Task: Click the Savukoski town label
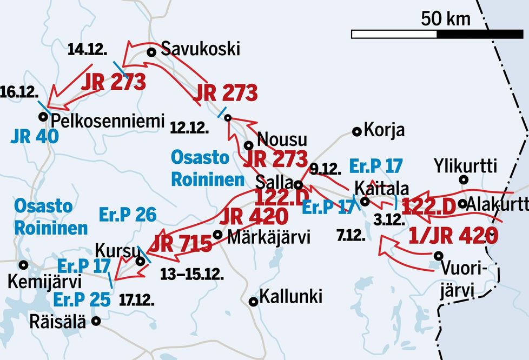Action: pos(201,49)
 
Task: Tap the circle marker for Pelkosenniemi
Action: pos(43,116)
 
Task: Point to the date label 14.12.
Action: pos(88,50)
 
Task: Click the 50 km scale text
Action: pos(446,19)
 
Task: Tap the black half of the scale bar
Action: pos(480,34)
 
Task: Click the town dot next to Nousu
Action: pos(249,145)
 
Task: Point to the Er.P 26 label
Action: pos(128,215)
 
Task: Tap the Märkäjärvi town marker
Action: pos(217,235)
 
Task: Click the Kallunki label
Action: pos(291,296)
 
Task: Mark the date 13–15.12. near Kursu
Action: pos(192,274)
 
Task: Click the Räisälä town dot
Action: pos(96,321)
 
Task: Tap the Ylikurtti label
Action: pos(465,166)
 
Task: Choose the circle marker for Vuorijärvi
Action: pos(438,256)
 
